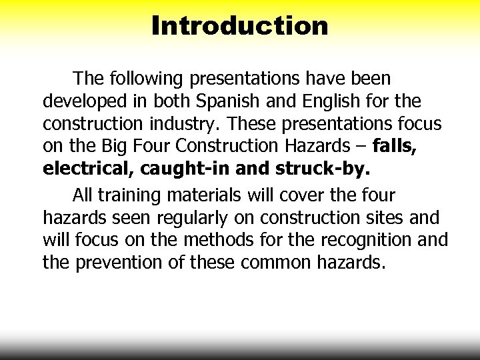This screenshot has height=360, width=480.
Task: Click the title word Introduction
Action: (x=240, y=26)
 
